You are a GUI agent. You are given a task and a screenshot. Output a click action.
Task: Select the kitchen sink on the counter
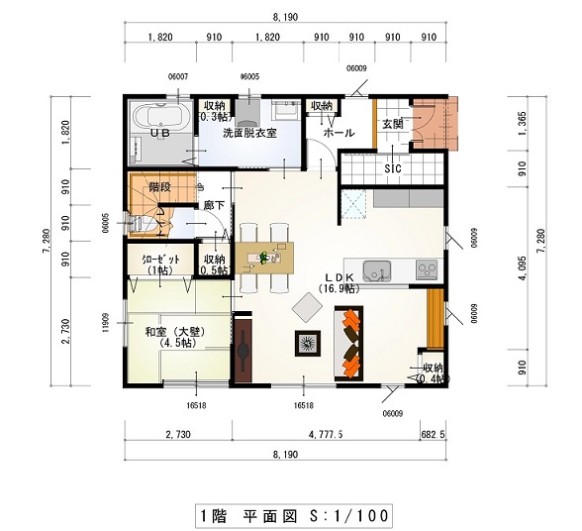378,268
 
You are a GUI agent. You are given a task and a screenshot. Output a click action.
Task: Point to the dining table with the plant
265,258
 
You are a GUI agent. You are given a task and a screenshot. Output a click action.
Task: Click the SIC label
393,168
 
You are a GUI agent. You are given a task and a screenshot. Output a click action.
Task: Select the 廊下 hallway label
213,205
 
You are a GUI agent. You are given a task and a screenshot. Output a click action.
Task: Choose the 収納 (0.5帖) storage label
214,264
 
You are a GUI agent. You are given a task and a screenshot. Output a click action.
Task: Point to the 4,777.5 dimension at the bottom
324,434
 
